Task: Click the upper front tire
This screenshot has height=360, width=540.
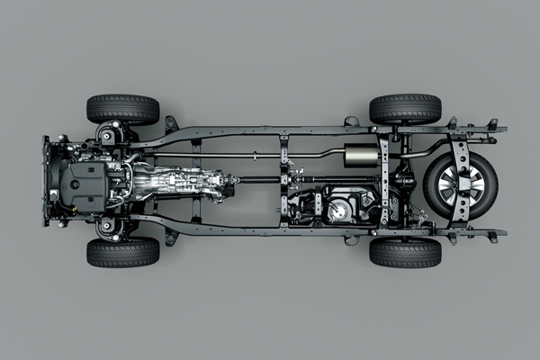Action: pos(122,109)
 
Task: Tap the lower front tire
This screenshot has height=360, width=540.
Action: pos(122,252)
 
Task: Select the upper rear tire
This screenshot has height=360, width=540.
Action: pos(405,108)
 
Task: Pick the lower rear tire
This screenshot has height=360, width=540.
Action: pos(405,252)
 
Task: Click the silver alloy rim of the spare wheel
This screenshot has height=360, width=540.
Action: pos(461,184)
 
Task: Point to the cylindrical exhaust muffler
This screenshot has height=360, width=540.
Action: pos(362,156)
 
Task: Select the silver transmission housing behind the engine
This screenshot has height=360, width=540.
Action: pos(180,180)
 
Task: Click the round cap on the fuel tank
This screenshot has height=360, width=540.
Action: pos(338,211)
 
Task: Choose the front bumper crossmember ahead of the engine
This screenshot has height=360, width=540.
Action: pos(46,180)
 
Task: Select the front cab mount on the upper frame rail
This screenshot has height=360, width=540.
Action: pos(171,123)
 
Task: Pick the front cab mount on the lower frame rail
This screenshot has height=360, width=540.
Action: pos(171,237)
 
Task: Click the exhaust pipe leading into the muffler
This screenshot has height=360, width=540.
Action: pos(306,155)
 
